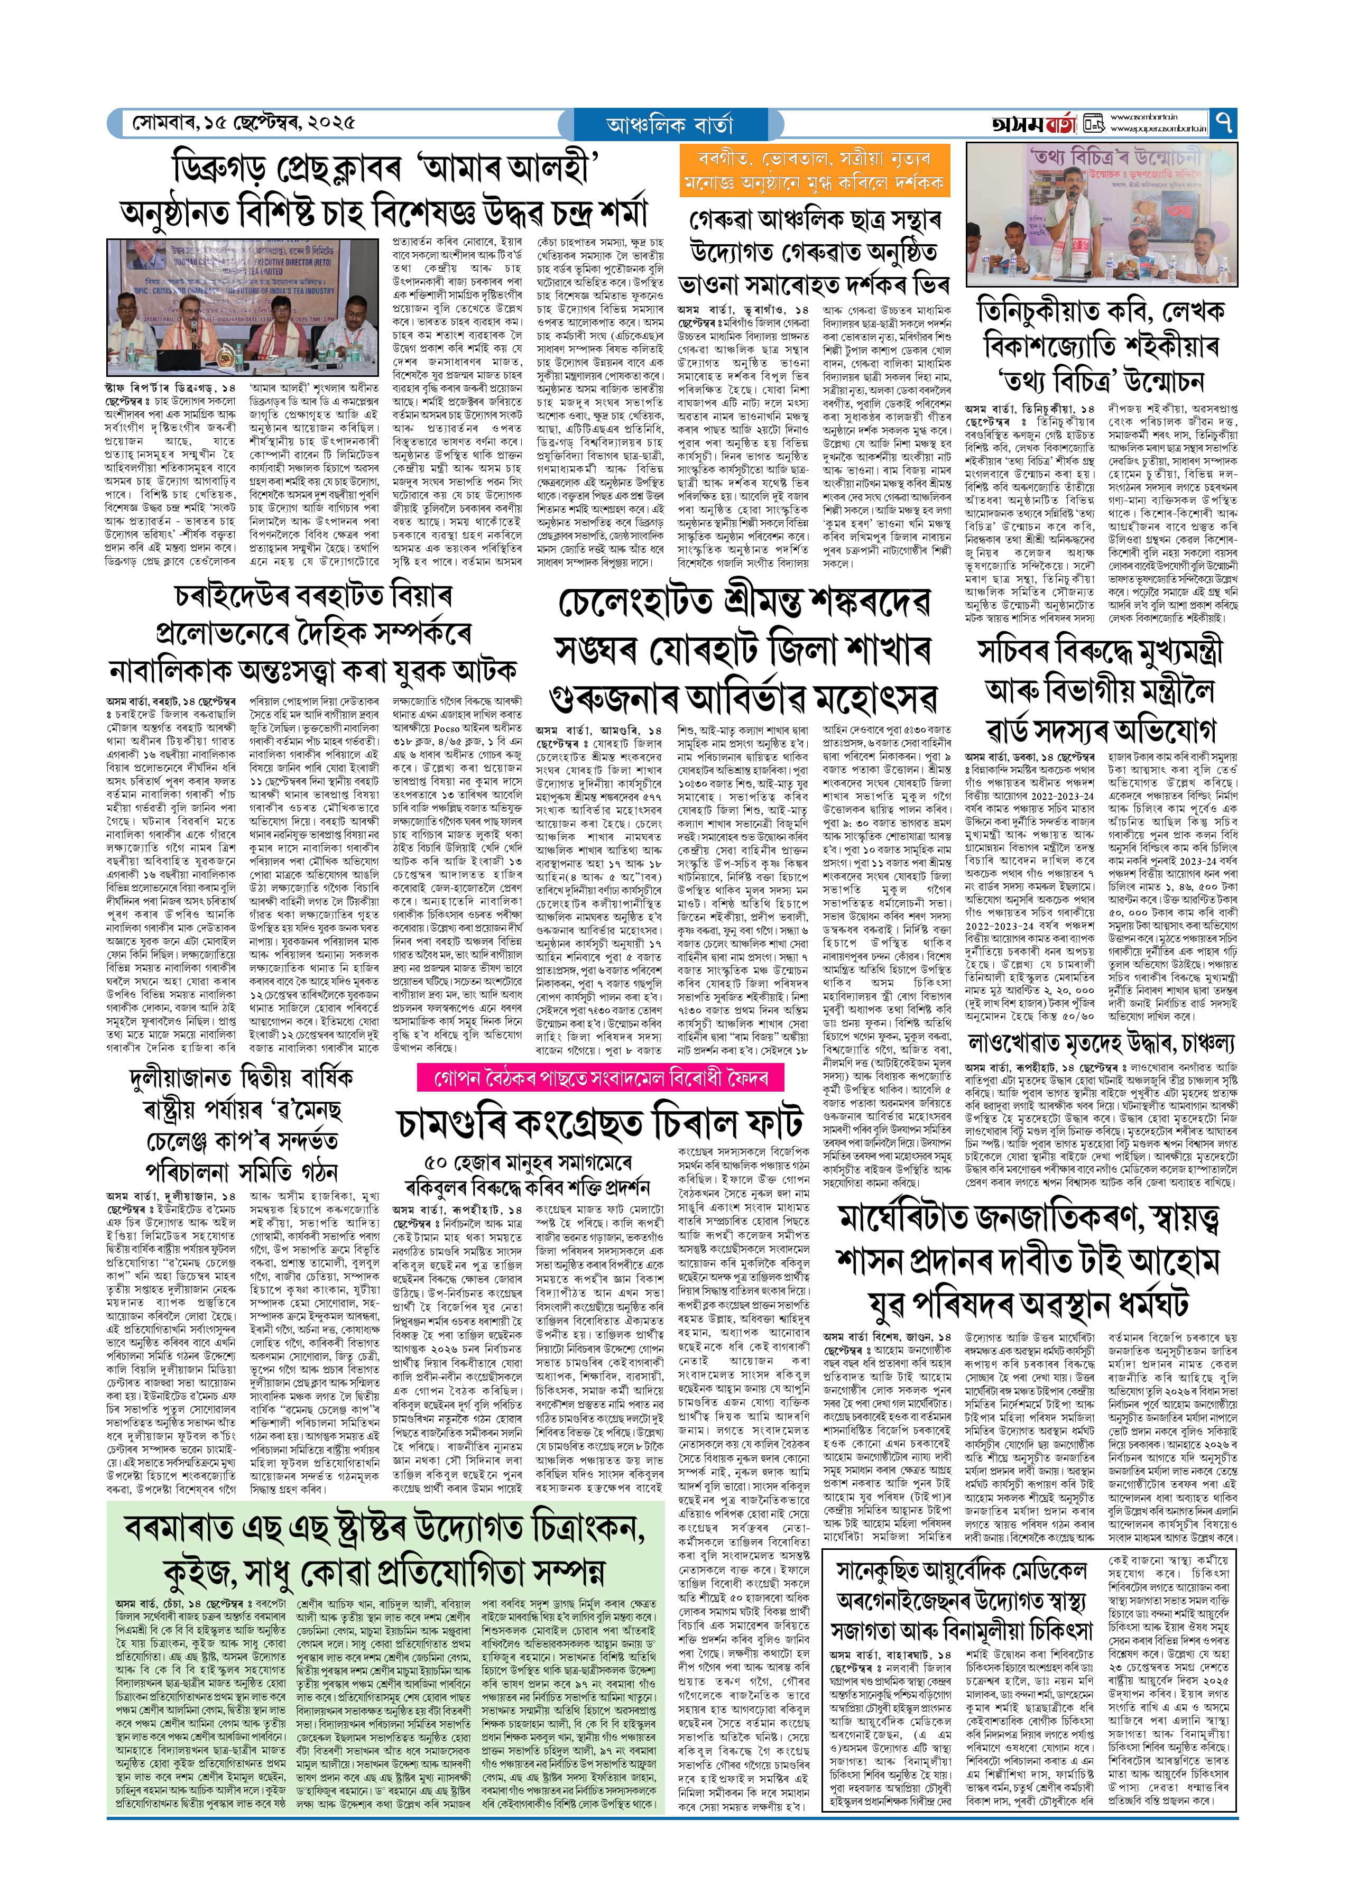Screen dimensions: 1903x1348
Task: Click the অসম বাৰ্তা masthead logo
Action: click(1033, 124)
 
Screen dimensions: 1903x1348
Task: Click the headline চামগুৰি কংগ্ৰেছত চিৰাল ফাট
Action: click(600, 1123)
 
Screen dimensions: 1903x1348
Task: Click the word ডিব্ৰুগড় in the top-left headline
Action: click(221, 169)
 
